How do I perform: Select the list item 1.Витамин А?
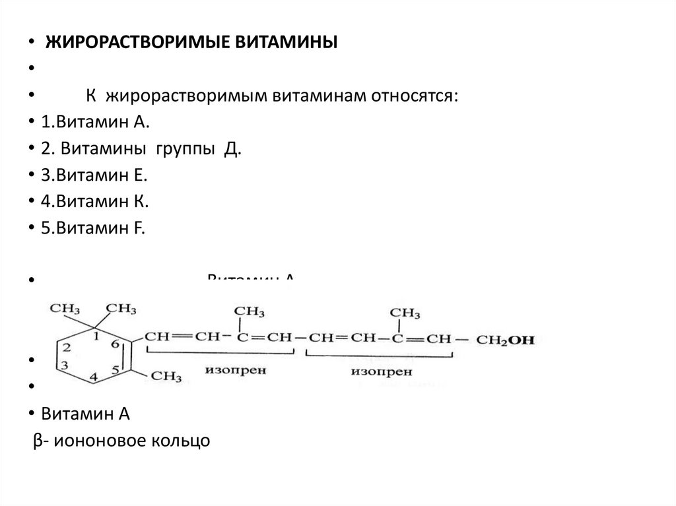tap(95, 123)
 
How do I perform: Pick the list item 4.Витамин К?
tap(93, 202)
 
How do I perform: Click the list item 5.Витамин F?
tap(92, 228)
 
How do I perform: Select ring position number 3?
tap(65, 365)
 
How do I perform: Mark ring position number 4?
tap(92, 377)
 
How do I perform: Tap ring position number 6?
tap(114, 344)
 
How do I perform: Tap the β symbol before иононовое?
tap(38, 440)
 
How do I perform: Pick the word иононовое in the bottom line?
tap(99, 440)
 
